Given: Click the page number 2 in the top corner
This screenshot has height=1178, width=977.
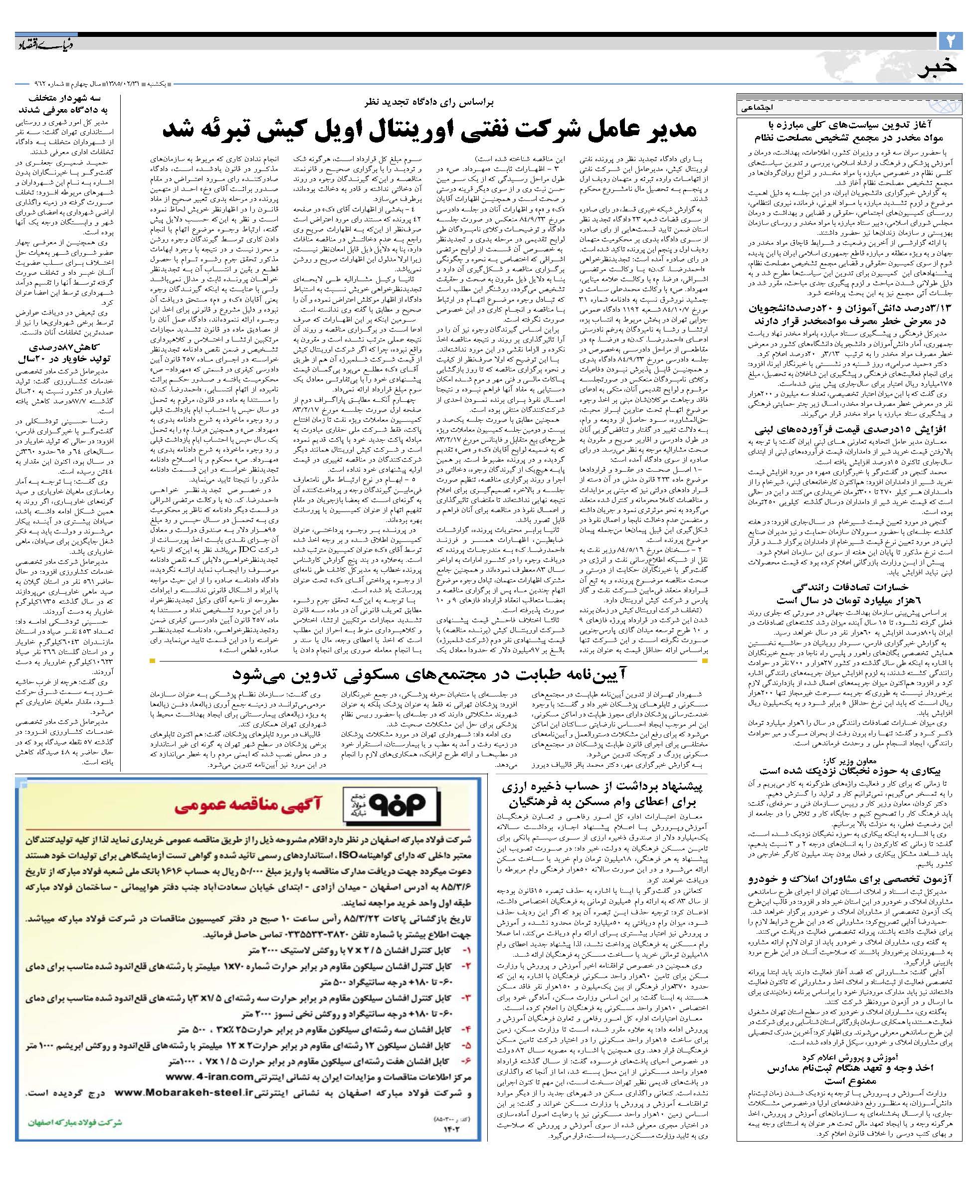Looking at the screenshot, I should [x=950, y=41].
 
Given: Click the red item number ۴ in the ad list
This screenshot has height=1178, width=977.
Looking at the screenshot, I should [x=466, y=1030].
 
